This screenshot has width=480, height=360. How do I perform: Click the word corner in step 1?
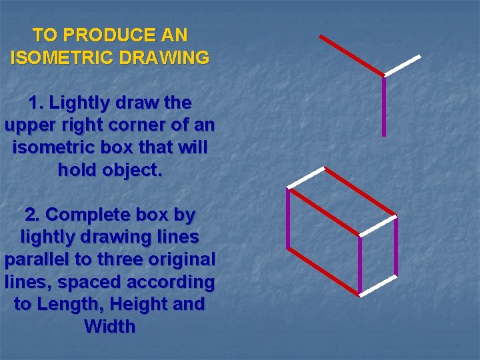pyautogui.click(x=145, y=125)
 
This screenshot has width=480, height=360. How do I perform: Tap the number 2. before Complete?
pyautogui.click(x=33, y=215)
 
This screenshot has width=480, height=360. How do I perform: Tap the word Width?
pyautogui.click(x=110, y=327)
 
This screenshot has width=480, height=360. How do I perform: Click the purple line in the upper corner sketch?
pyautogui.click(x=384, y=107)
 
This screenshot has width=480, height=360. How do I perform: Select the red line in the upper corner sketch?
pyautogui.click(x=351, y=55)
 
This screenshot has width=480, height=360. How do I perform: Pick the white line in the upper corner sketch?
pyautogui.click(x=403, y=65)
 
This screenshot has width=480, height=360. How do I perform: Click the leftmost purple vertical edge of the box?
pyautogui.click(x=289, y=220)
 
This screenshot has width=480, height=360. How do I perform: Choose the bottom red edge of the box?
pyautogui.click(x=324, y=272)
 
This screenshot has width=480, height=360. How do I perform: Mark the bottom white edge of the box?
pyautogui.click(x=378, y=285)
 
